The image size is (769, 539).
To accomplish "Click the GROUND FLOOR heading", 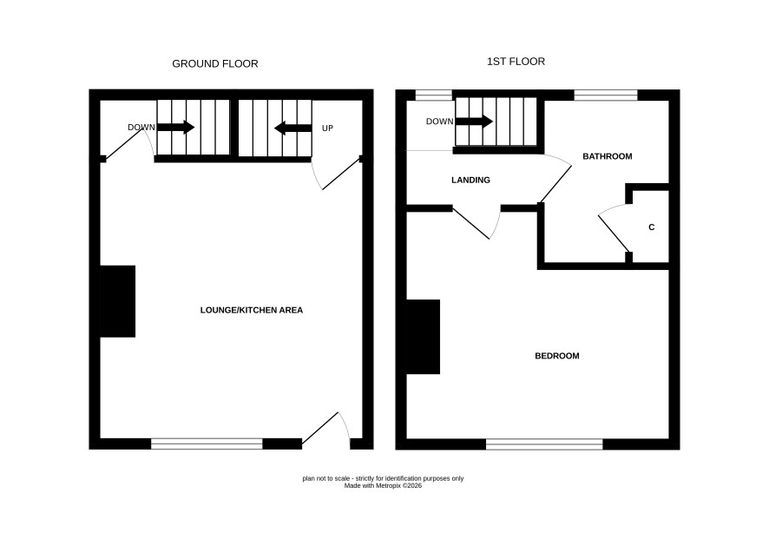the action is coord(214,63).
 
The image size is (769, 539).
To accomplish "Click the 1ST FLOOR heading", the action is coord(516,62).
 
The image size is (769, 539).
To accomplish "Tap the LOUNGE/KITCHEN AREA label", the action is coord(252,310).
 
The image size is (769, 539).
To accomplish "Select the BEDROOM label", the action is coord(557,356).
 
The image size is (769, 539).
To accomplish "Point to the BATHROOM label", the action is coord(608,156).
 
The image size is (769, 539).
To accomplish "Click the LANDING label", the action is coord(470,180).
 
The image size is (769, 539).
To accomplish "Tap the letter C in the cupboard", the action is coord(652,227).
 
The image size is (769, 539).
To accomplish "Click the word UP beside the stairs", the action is coord(327,128).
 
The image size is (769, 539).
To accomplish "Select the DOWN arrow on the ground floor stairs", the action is coord(176,128).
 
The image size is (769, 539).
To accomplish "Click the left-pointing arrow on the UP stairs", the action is coord(292,128).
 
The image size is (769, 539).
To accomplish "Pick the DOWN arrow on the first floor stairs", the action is coord(474,122).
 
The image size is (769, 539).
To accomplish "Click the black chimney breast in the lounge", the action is coord(118,302).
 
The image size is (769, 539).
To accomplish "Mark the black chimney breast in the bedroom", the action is coord(424,337).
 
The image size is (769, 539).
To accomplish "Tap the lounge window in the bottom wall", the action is coord(207,444).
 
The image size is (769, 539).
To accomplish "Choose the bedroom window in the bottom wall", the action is coord(544,444).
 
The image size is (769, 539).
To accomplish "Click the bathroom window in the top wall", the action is coord(606,95).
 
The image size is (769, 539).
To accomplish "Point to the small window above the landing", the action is coord(434,95).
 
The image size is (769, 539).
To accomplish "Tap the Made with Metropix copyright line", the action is coord(383,486).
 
